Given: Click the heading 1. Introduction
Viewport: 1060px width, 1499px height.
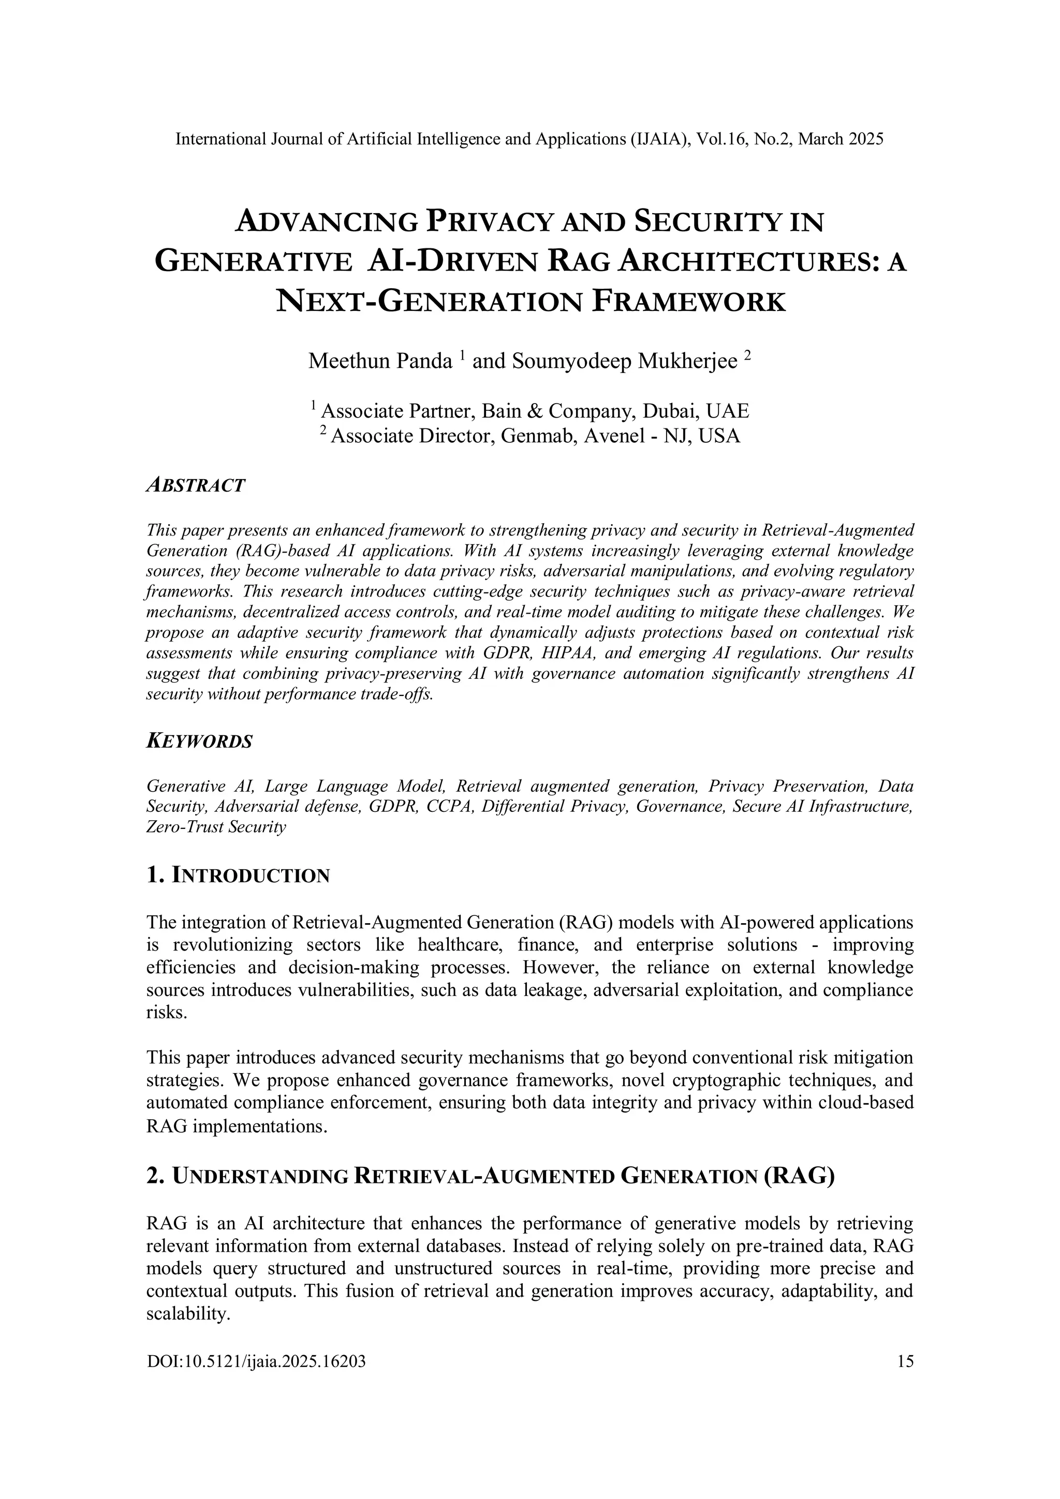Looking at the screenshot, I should (x=239, y=875).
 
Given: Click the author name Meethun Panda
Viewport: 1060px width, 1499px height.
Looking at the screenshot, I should (x=380, y=361).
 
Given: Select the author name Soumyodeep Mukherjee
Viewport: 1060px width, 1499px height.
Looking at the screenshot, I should (x=625, y=361).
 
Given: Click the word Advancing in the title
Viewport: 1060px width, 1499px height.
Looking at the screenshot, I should (x=326, y=222).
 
